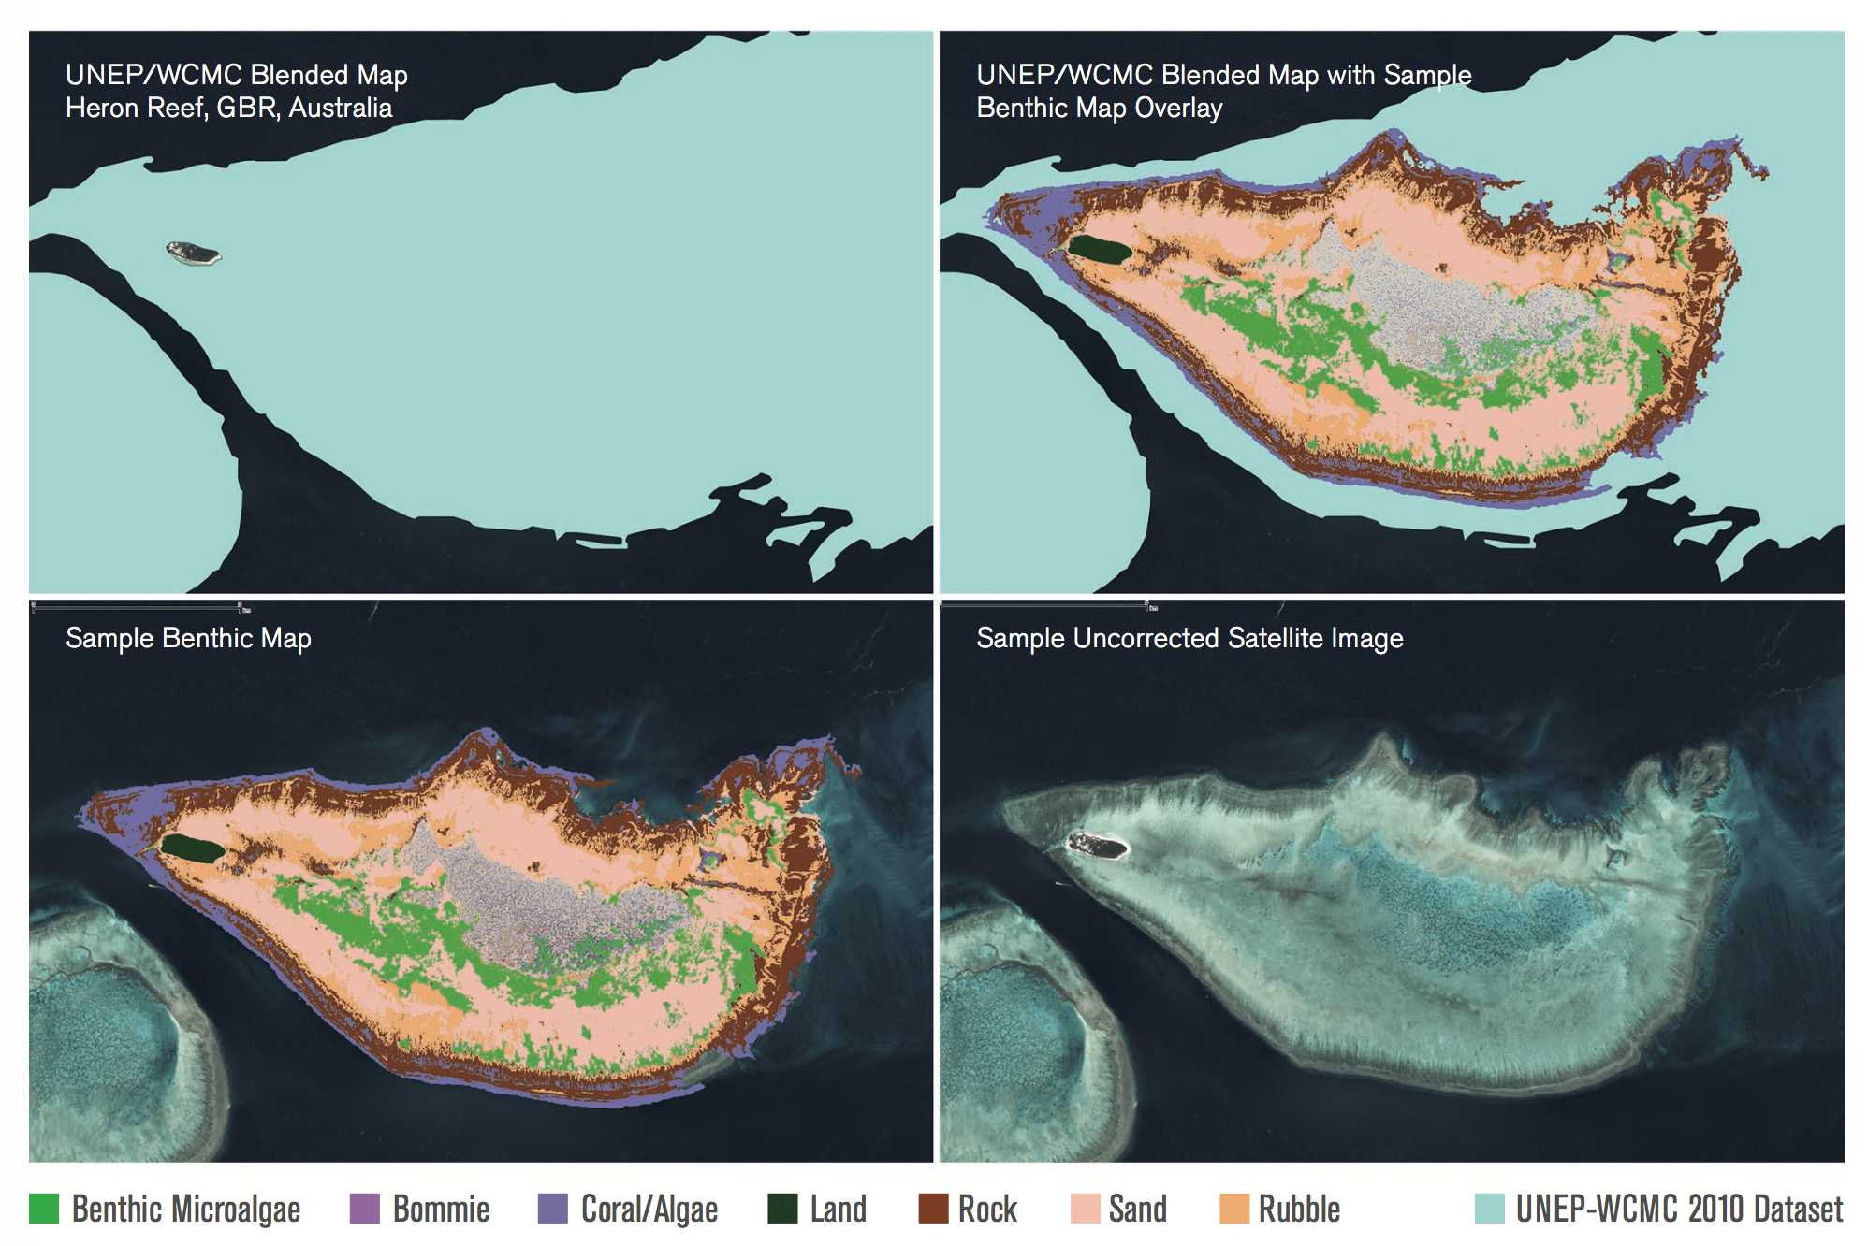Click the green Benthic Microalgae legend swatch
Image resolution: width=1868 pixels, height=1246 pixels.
point(44,1209)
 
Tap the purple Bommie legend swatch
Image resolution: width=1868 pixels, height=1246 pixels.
point(364,1209)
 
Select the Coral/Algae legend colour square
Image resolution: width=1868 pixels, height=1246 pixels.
point(553,1209)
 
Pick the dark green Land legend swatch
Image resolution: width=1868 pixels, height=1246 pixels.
point(782,1209)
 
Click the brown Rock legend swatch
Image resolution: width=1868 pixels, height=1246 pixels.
point(933,1209)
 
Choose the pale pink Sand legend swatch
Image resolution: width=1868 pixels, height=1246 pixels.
point(1085,1209)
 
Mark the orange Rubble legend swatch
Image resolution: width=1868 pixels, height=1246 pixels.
point(1234,1209)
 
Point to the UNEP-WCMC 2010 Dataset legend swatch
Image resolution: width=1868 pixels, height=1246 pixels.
point(1489,1209)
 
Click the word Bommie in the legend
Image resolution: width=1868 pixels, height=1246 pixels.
point(441,1210)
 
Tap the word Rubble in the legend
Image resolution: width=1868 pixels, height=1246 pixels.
point(1299,1210)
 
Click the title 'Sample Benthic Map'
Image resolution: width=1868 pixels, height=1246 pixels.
point(188,638)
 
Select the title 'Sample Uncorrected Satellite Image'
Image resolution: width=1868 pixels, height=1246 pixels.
point(1189,638)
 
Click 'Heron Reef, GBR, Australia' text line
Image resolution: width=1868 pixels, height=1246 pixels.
point(228,108)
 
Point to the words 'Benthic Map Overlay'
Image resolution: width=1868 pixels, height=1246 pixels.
point(1099,109)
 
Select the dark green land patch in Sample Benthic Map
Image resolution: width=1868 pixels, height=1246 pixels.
point(192,849)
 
